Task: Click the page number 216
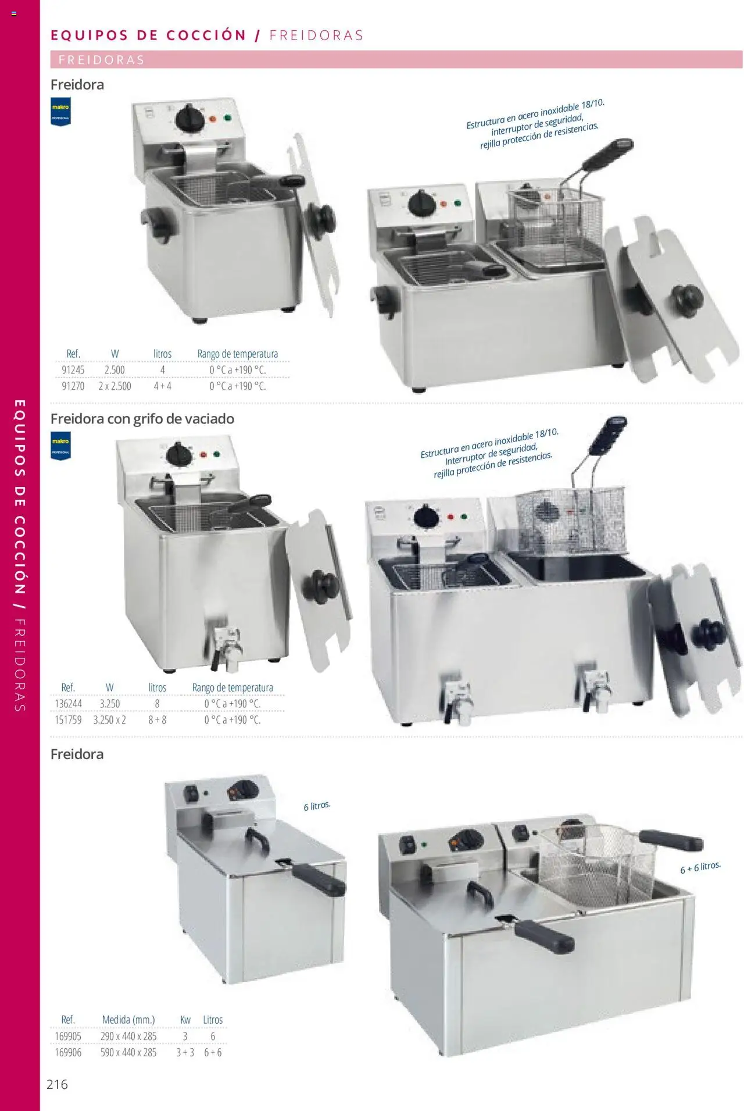tap(57, 1084)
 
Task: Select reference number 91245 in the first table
tap(73, 370)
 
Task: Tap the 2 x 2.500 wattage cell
tap(115, 386)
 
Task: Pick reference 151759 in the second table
tap(68, 720)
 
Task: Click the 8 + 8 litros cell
tap(157, 720)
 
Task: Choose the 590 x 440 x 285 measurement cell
tap(128, 1052)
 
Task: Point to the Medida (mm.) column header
tap(128, 1020)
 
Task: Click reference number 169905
tap(68, 1036)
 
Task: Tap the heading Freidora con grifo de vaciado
tap(142, 419)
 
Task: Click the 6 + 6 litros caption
tap(700, 867)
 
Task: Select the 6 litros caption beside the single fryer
tap(317, 806)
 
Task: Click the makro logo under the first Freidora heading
tap(60, 112)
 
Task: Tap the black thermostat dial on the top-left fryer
tap(189, 118)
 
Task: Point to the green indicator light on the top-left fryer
tap(227, 118)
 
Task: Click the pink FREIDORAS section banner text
tap(102, 60)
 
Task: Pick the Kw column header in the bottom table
tap(185, 1020)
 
